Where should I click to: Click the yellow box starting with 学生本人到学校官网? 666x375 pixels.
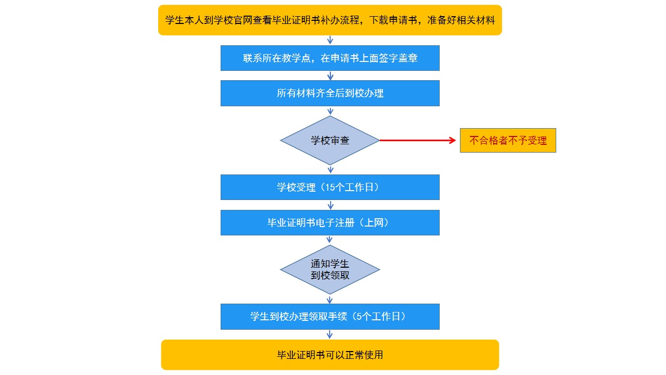click(330, 20)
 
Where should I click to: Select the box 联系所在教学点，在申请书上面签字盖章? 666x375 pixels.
click(330, 58)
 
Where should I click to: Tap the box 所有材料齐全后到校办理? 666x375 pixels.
click(330, 93)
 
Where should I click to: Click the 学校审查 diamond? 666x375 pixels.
click(330, 140)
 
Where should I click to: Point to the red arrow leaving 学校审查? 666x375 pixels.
click(418, 140)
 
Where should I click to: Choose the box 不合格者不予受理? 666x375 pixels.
click(508, 141)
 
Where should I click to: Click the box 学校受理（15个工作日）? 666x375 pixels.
click(330, 187)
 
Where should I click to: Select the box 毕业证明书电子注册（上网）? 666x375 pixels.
click(330, 222)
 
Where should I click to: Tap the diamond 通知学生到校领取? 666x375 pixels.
click(330, 270)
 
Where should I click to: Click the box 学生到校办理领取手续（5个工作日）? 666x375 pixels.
click(330, 316)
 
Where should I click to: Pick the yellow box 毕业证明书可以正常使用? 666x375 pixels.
click(330, 355)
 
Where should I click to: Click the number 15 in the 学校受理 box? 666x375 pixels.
click(330, 187)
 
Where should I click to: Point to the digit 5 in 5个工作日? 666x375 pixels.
click(359, 316)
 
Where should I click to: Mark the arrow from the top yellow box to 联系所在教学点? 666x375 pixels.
click(330, 40)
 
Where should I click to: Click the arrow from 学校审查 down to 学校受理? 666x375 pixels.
click(330, 170)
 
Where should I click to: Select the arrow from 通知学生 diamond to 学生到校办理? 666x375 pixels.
click(329, 299)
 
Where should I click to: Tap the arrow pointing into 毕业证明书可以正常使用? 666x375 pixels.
click(329, 334)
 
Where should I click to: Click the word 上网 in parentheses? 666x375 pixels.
click(374, 222)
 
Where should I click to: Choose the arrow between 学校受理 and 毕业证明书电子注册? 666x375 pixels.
click(330, 205)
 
